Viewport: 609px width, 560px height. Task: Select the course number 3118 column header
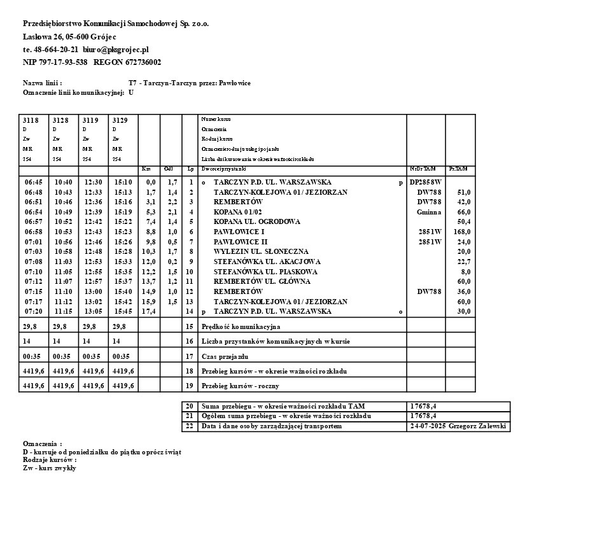31,120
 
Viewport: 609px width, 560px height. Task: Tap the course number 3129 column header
120,120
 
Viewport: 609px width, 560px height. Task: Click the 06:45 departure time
33,182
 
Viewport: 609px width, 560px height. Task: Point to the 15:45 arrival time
123,312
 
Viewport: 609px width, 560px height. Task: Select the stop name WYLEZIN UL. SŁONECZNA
261,252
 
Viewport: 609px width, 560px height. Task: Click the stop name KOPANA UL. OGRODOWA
256,222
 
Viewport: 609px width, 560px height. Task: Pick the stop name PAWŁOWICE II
241,242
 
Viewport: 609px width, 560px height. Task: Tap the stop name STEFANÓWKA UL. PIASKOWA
265,272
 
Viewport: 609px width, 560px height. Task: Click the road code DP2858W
425,182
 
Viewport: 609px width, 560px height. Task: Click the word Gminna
429,212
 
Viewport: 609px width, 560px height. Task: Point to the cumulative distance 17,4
148,312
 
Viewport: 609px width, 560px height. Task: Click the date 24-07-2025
428,426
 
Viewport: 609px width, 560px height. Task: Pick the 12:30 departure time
93,182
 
